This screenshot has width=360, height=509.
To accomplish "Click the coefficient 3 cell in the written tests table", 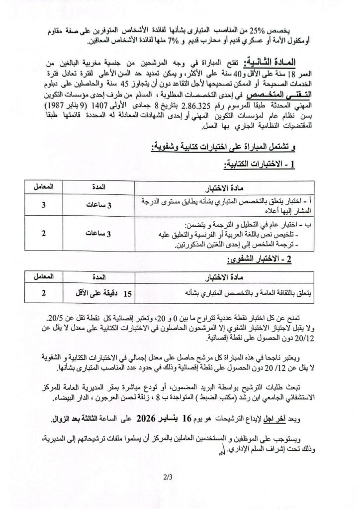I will pos(43,204).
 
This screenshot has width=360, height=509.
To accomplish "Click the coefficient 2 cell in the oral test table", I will pos(43,293).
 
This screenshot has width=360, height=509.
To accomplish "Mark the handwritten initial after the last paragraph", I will pos(223,451).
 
